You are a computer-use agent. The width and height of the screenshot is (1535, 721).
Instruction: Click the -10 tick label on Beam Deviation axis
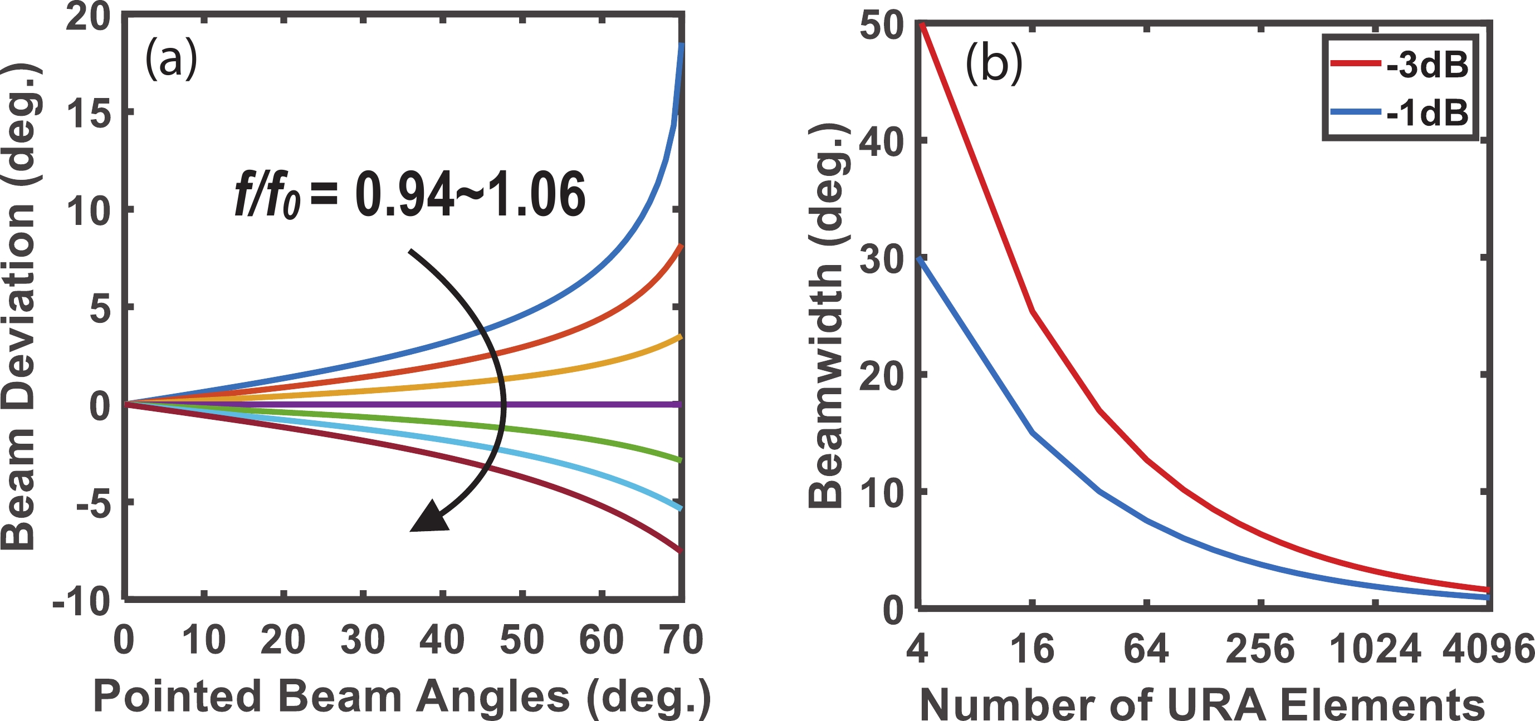[82, 603]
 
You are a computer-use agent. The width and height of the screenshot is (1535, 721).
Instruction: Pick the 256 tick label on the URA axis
[1260, 648]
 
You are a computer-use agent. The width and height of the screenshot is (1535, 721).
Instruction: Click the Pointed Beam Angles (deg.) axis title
[402, 696]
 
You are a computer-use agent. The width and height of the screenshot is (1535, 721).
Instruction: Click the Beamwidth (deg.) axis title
[825, 316]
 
